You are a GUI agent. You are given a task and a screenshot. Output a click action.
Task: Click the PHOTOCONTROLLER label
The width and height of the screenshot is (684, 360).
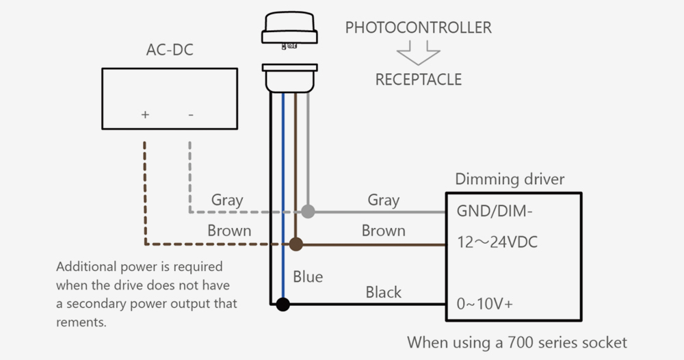[418, 28]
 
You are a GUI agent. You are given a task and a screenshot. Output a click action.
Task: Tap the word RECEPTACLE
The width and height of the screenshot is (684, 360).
[418, 79]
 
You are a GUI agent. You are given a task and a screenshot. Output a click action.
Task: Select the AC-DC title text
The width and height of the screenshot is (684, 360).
[170, 51]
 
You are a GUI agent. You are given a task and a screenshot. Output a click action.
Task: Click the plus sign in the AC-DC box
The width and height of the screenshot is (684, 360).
[145, 114]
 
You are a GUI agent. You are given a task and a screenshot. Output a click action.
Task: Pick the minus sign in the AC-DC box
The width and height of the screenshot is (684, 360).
[190, 114]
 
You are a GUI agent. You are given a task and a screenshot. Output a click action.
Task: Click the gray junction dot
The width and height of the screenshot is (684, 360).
[308, 211]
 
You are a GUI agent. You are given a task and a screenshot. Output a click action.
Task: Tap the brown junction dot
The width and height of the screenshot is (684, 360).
[295, 243]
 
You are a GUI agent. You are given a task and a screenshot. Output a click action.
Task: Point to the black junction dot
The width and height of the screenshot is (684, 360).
[282, 305]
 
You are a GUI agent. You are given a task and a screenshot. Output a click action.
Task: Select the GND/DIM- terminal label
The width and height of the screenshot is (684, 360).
[495, 211]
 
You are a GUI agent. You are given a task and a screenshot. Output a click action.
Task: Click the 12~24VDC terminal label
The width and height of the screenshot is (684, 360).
[498, 243]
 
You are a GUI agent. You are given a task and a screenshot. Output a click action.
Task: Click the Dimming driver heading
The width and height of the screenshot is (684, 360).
[510, 179]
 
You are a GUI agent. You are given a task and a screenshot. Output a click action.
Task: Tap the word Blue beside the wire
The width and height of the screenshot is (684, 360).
[308, 277]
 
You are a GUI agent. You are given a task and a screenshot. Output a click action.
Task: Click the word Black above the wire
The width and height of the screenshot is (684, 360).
[383, 292]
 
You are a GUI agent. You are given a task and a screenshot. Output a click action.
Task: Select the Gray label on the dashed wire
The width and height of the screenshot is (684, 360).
[226, 200]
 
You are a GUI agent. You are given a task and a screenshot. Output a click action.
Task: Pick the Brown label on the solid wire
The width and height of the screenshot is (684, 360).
[383, 231]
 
